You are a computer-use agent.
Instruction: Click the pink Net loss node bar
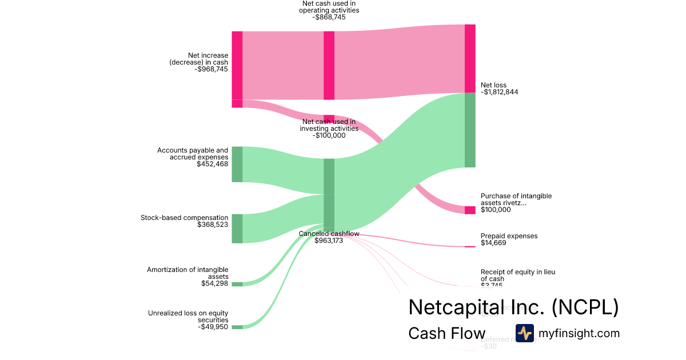[470, 58]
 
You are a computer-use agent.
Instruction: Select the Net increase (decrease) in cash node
[237, 66]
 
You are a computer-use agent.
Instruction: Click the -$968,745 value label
[211, 69]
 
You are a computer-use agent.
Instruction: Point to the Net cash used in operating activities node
[329, 66]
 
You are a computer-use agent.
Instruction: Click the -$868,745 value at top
[329, 17]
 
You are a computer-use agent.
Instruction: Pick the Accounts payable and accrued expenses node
[237, 164]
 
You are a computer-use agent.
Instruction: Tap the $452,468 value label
[212, 164]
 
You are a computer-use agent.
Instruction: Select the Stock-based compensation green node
[237, 229]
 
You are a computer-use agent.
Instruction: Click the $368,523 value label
[212, 225]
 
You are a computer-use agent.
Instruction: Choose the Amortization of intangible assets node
[237, 284]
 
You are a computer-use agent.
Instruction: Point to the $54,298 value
[214, 283]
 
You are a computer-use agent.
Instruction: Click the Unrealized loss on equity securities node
[237, 327]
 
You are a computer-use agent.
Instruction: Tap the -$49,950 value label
[213, 327]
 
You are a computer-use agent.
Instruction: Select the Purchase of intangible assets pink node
[470, 210]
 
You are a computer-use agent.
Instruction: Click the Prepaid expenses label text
[509, 236]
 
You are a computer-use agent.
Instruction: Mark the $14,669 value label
[493, 243]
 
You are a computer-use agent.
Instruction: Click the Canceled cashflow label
[329, 234]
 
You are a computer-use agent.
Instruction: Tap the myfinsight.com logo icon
[524, 333]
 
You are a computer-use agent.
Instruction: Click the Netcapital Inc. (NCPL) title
[513, 307]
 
